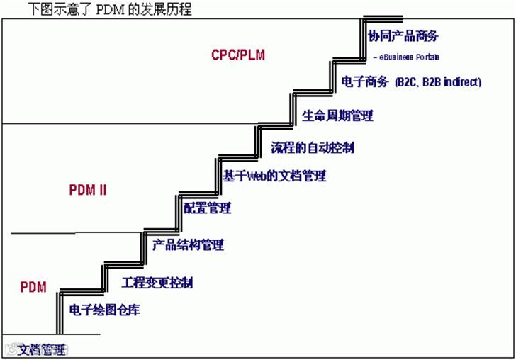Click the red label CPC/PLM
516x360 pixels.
tap(238, 55)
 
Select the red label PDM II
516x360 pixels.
tap(88, 191)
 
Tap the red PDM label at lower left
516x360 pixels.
tap(33, 287)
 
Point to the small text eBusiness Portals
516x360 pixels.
tap(408, 55)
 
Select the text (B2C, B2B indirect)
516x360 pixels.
tap(438, 82)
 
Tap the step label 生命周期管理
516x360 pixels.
tap(337, 116)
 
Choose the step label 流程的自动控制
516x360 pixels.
tap(313, 148)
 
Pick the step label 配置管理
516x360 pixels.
tap(207, 208)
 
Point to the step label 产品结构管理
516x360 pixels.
tap(188, 245)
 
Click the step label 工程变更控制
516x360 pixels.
tap(157, 283)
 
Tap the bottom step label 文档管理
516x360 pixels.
tap(40, 349)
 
